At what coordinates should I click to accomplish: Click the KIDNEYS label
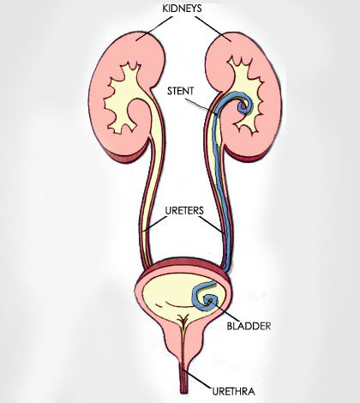(x=182, y=9)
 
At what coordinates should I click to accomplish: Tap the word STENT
(x=181, y=91)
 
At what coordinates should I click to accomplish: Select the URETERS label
(x=184, y=211)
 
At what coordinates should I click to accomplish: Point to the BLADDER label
(x=249, y=326)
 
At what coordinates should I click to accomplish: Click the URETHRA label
(x=234, y=391)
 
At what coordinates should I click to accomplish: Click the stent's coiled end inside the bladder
(x=207, y=297)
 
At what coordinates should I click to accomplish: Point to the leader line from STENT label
(x=201, y=106)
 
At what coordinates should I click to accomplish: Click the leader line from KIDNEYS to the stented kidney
(x=213, y=29)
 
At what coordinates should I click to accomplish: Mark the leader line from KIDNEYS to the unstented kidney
(x=154, y=28)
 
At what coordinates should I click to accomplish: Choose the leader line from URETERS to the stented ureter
(x=213, y=226)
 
